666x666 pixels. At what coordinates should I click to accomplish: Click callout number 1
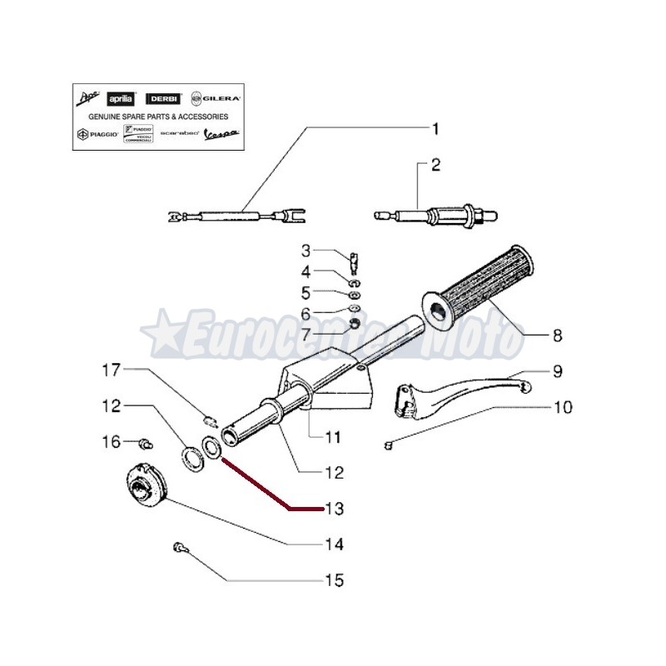434,129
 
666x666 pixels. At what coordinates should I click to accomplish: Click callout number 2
435,166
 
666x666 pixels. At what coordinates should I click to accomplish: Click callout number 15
333,579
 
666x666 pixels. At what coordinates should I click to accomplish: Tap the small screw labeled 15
178,547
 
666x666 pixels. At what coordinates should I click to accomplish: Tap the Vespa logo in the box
223,133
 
